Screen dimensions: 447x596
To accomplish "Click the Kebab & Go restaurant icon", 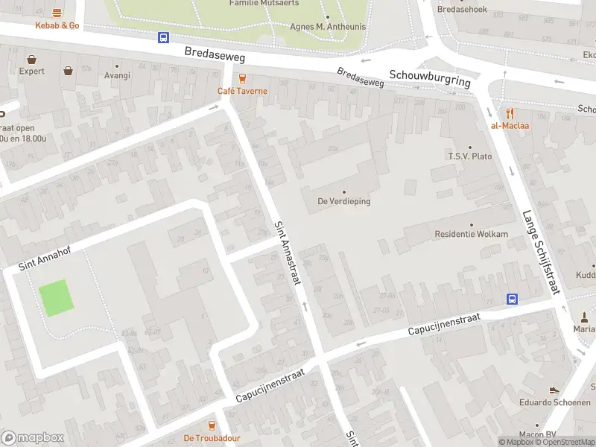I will (x=57, y=13).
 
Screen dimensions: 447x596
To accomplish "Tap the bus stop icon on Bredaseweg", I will (x=163, y=37).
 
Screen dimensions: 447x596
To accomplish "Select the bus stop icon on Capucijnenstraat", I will (x=513, y=299).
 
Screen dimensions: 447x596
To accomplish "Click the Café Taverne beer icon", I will (x=241, y=78).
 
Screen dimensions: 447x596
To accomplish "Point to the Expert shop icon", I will (x=32, y=59).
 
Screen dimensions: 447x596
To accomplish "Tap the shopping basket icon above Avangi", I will (x=69, y=71).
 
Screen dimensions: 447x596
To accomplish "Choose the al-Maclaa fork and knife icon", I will (x=510, y=113).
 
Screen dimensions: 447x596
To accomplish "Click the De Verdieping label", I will (x=343, y=201).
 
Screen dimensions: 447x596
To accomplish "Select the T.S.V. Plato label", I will (x=469, y=156).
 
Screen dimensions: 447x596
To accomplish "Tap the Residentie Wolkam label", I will (x=471, y=234).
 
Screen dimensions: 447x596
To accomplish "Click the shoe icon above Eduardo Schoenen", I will (x=554, y=389).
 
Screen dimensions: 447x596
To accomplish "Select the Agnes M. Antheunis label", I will (x=327, y=26).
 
